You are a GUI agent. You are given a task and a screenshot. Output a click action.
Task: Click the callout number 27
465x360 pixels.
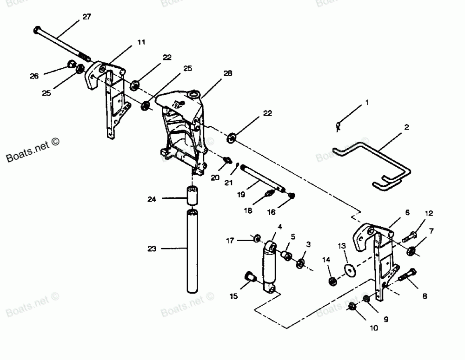(87, 17)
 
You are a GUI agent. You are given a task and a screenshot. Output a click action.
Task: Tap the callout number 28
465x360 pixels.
(227, 73)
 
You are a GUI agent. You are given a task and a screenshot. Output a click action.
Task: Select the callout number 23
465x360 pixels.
(152, 249)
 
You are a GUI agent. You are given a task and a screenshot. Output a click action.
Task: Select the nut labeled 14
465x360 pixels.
(333, 281)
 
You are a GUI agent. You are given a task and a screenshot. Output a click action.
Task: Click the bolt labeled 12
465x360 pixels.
(408, 236)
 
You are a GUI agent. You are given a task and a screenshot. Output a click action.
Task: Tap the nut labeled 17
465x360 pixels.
(256, 239)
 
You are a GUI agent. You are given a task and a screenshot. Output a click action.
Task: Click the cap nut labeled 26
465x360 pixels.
(72, 64)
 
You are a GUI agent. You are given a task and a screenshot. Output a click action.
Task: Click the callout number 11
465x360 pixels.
(141, 42)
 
